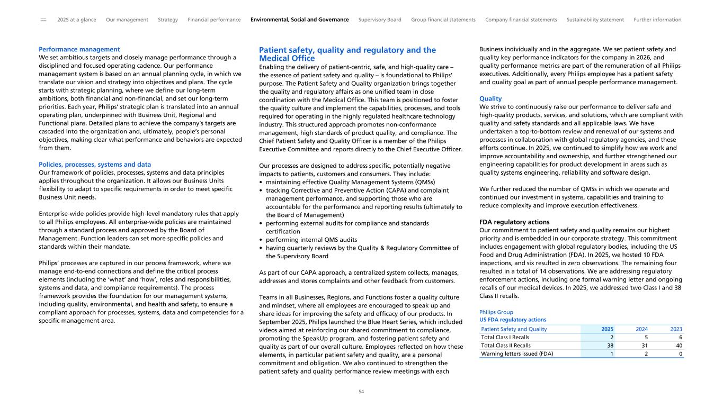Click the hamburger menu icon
coord(43,20)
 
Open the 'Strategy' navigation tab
coord(168,20)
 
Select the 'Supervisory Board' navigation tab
coord(380,20)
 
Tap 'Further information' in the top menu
coord(657,20)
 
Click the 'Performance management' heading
coord(79,49)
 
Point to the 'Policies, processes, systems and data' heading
coord(95,164)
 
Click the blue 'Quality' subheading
coord(490,98)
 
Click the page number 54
coord(361,392)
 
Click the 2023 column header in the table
coord(675,329)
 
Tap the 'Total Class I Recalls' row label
coord(505,337)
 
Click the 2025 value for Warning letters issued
coord(611,354)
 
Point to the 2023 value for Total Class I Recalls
coord(680,337)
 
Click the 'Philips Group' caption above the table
coord(496,312)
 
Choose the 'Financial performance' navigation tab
coord(214,20)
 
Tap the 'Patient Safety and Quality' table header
coord(514,329)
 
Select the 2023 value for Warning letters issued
coord(680,354)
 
